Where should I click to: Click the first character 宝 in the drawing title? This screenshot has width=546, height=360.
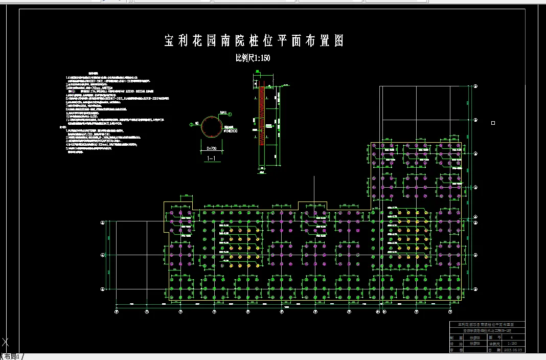tap(170, 41)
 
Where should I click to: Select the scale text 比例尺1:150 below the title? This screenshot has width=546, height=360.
tap(253, 58)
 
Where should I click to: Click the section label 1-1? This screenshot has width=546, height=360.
tap(211, 159)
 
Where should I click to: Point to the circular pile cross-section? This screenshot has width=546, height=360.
tap(212, 126)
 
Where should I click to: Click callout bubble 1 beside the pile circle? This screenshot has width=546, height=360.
tap(230, 115)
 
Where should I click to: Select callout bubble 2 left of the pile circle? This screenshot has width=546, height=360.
tap(191, 124)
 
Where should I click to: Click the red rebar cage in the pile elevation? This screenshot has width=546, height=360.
tap(262, 115)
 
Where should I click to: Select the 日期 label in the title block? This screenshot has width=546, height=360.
tap(489, 350)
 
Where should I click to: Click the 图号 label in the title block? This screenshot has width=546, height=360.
tap(489, 337)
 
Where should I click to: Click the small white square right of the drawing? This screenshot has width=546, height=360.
tap(493, 123)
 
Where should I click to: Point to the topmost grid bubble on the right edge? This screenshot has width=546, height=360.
tap(475, 86)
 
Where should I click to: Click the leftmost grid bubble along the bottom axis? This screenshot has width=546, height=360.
tap(117, 311)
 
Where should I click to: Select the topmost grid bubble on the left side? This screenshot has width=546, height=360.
tap(103, 222)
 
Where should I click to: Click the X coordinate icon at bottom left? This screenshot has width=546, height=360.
tap(6, 342)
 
